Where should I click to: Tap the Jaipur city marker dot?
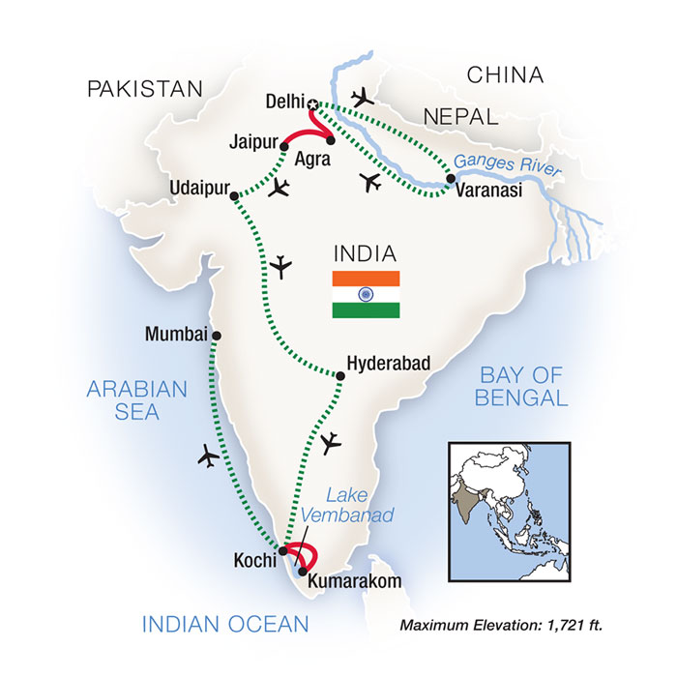(284, 144)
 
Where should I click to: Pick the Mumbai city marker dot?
(217, 336)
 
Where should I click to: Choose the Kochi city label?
(252, 559)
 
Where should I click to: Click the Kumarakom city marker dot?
(304, 571)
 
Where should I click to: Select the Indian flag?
(367, 294)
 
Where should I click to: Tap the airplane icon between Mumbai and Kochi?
(208, 456)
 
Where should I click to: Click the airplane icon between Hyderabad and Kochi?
(330, 442)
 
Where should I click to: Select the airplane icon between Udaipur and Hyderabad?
(282, 264)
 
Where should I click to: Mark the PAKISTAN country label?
(145, 89)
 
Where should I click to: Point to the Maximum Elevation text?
(501, 627)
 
